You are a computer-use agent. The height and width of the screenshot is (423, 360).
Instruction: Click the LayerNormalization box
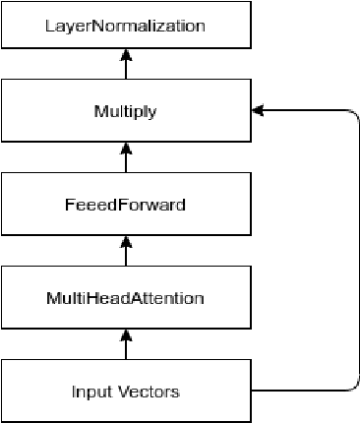click(126, 26)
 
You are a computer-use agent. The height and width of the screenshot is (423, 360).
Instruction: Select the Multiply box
click(126, 111)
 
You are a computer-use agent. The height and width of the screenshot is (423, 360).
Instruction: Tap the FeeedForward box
click(126, 206)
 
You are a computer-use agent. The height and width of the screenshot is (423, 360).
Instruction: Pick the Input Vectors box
click(126, 392)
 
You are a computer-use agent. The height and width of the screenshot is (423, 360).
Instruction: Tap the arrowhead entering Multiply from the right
click(259, 111)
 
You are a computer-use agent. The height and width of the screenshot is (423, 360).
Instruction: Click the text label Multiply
click(126, 111)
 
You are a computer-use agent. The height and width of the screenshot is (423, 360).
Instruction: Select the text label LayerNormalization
click(126, 26)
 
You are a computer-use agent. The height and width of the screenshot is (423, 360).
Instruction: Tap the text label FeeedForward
click(126, 206)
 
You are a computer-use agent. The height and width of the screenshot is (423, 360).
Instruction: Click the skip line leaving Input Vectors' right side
click(295, 392)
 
